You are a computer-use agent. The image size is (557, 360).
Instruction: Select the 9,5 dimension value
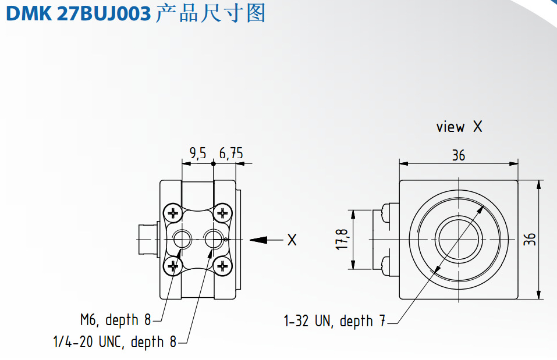coord(198,154)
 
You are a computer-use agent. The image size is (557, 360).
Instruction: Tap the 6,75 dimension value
coord(231,154)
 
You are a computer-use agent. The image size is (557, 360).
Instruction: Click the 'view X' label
coord(459,127)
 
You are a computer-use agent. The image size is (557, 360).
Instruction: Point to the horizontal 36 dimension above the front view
coord(459,155)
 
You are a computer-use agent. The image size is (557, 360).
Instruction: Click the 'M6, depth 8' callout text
coord(115,320)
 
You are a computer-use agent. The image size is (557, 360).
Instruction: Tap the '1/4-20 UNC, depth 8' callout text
coord(114,342)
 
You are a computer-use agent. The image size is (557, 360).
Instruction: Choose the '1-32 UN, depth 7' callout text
coord(334,321)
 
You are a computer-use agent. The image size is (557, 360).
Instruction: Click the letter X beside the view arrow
coord(292,239)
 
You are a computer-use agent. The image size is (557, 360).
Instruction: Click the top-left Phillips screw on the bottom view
coord(172,213)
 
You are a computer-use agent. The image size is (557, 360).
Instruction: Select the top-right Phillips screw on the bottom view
coord(221,213)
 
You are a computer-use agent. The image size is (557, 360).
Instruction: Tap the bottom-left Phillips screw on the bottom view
coord(172,266)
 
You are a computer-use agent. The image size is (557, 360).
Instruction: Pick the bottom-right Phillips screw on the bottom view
coord(221,266)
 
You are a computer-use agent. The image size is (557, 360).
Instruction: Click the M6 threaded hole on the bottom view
coord(182,238)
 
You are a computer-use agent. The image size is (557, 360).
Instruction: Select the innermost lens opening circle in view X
coord(459,239)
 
